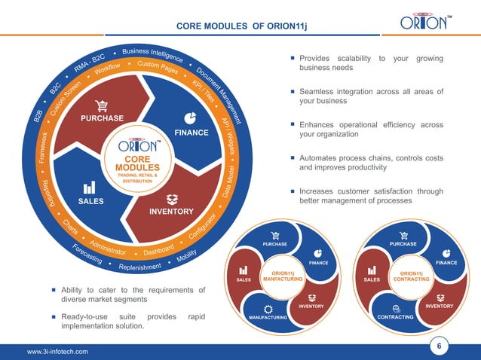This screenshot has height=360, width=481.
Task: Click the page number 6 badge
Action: click(x=440, y=346)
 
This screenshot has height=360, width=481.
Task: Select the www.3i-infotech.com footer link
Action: click(x=57, y=351)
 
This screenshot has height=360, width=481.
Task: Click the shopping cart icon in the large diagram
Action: click(x=100, y=105)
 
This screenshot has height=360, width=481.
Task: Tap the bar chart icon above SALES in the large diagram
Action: click(x=89, y=188)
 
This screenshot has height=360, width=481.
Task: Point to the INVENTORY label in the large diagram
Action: click(x=171, y=211)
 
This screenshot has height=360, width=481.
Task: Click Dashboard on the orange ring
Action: click(x=158, y=248)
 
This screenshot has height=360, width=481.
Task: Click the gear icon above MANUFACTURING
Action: click(x=268, y=309)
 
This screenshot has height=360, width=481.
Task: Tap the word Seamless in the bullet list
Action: click(x=321, y=92)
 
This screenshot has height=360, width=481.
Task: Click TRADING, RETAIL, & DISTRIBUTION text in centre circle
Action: click(x=136, y=178)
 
